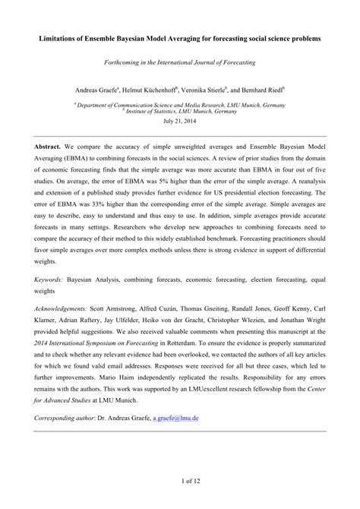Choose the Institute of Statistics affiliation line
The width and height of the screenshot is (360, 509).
(180, 110)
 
